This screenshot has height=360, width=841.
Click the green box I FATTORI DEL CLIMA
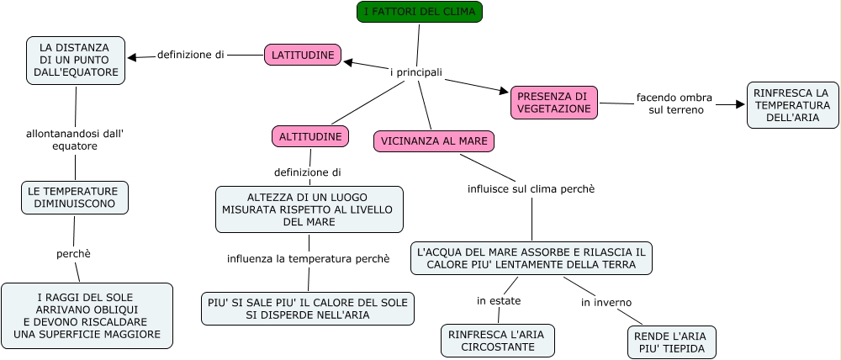[x=419, y=12]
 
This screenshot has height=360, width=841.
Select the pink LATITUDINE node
[x=303, y=56]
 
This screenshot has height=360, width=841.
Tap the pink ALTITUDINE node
[x=310, y=136]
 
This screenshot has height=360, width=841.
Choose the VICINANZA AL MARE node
[x=433, y=141]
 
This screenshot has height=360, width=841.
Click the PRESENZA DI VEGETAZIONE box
[x=553, y=103]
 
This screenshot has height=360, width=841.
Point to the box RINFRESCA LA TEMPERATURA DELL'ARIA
[x=792, y=104]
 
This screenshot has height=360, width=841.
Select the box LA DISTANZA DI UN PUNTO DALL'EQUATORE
[x=76, y=61]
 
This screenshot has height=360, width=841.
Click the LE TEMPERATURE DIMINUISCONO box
[x=75, y=198]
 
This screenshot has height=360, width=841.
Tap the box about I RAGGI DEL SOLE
[x=87, y=315]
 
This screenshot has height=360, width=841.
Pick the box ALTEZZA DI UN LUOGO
[x=309, y=209]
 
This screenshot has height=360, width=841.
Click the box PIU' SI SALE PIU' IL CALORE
[x=308, y=309]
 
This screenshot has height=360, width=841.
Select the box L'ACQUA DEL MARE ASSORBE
[x=532, y=258]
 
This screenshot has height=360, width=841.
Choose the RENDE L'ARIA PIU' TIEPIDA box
[x=672, y=342]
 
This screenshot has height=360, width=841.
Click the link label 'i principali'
[x=416, y=72]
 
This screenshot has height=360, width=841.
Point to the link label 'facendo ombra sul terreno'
[x=674, y=103]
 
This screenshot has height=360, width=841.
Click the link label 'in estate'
[x=499, y=300]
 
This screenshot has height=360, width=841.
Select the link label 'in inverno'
[x=606, y=303]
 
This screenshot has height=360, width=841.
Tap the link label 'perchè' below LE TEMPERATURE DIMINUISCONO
[x=73, y=253]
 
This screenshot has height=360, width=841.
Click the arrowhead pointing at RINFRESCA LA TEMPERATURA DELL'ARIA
[x=740, y=104]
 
